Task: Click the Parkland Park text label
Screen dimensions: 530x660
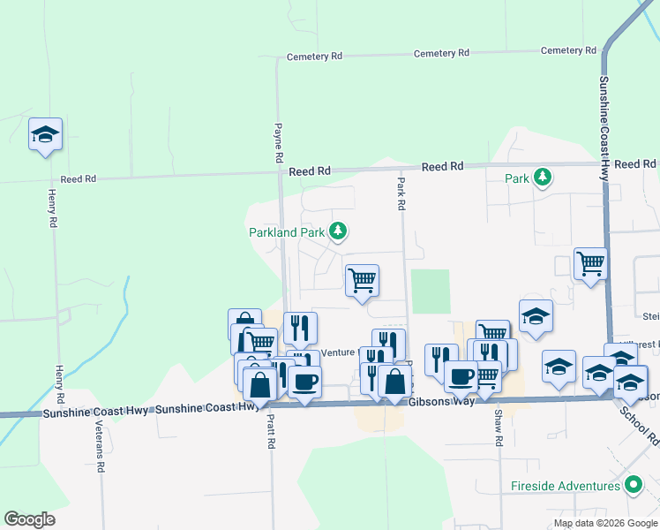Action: pyautogui.click(x=287, y=232)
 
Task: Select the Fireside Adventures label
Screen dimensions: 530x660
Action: pyautogui.click(x=565, y=486)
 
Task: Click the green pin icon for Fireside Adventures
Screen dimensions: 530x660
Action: pyautogui.click(x=633, y=486)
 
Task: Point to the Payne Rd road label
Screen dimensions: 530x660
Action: pyautogui.click(x=278, y=141)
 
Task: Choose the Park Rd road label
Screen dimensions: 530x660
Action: pyautogui.click(x=401, y=193)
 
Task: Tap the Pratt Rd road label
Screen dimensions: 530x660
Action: pyautogui.click(x=272, y=430)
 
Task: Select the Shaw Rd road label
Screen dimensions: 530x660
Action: pyautogui.click(x=499, y=427)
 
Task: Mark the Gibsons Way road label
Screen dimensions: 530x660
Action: pyautogui.click(x=442, y=401)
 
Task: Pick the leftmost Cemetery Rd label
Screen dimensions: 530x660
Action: pyautogui.click(x=314, y=57)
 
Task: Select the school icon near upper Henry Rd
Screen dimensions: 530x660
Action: pyautogui.click(x=45, y=134)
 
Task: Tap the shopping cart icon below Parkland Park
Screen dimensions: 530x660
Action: pyautogui.click(x=362, y=281)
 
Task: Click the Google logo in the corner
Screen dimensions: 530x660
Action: pyautogui.click(x=29, y=519)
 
